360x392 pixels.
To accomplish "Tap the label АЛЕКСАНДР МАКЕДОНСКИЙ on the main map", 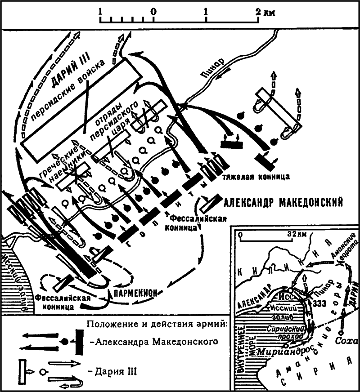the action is (283, 202).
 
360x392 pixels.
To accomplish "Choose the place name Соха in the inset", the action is (344, 341).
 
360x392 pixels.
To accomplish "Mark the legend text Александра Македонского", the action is (157, 342).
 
